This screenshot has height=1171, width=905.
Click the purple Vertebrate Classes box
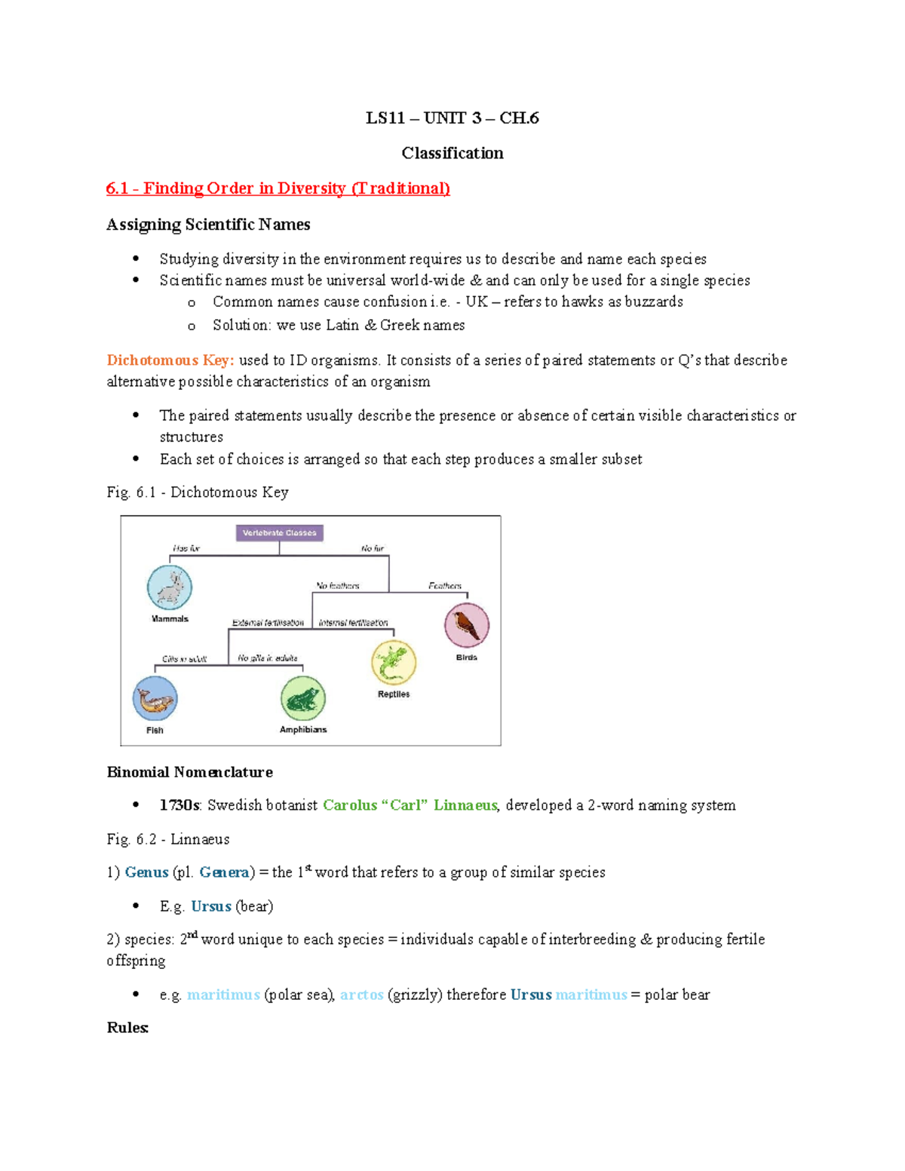(x=279, y=533)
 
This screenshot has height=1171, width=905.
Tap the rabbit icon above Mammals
(x=170, y=587)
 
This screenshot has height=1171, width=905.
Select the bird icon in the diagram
(x=467, y=625)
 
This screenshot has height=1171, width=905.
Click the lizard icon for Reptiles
(x=394, y=662)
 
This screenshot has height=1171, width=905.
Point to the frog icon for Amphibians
(x=303, y=698)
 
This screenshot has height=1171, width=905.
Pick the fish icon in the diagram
(x=155, y=699)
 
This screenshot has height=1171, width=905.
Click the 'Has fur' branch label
(x=186, y=548)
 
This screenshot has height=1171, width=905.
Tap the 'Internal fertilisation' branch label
(x=353, y=623)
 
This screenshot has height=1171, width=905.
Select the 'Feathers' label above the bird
(x=445, y=585)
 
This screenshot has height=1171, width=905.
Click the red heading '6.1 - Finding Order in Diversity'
(x=278, y=189)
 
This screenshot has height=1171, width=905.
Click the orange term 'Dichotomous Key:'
(x=170, y=360)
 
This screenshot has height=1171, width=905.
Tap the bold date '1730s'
(x=179, y=805)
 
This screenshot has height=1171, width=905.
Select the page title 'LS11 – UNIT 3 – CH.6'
(x=452, y=118)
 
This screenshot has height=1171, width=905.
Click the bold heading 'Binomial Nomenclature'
(x=190, y=772)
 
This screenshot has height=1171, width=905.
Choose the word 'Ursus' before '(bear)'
(x=211, y=906)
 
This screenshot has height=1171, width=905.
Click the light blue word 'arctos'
(x=362, y=995)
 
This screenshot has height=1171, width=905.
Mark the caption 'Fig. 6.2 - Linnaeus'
(x=168, y=839)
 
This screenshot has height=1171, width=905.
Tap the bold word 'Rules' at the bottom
(x=127, y=1028)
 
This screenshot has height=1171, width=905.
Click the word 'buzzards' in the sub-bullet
(x=654, y=302)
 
